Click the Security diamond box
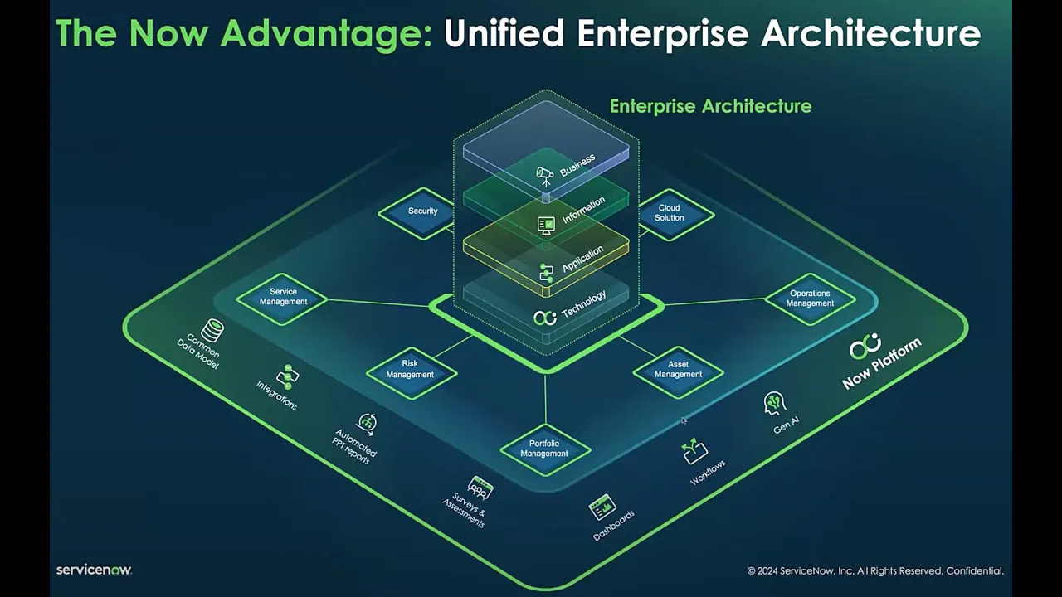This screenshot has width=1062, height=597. tap(422, 211)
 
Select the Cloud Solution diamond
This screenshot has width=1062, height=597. tap(669, 213)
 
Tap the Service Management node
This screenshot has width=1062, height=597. tap(283, 297)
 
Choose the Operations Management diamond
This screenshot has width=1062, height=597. tap(810, 298)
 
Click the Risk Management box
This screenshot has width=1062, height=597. tap(410, 369)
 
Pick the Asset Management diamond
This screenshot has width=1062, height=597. tap(678, 369)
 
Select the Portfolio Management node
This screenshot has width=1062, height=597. tap(544, 449)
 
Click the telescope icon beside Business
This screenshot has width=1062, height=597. tap(544, 175)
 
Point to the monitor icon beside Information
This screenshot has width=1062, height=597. tap(546, 225)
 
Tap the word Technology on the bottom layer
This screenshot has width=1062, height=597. tap(584, 304)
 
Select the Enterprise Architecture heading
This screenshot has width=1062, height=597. tap(710, 106)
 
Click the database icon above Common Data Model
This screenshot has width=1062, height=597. tap(212, 331)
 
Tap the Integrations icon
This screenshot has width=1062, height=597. tap(288, 376)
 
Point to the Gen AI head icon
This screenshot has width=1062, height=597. tap(774, 403)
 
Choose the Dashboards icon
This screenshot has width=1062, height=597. tap(602, 506)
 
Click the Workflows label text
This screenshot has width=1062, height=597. tap(708, 473)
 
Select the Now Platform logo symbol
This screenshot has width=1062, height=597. tap(865, 347)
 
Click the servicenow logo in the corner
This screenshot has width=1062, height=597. tap(94, 570)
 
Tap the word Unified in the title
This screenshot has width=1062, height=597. tap(504, 33)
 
